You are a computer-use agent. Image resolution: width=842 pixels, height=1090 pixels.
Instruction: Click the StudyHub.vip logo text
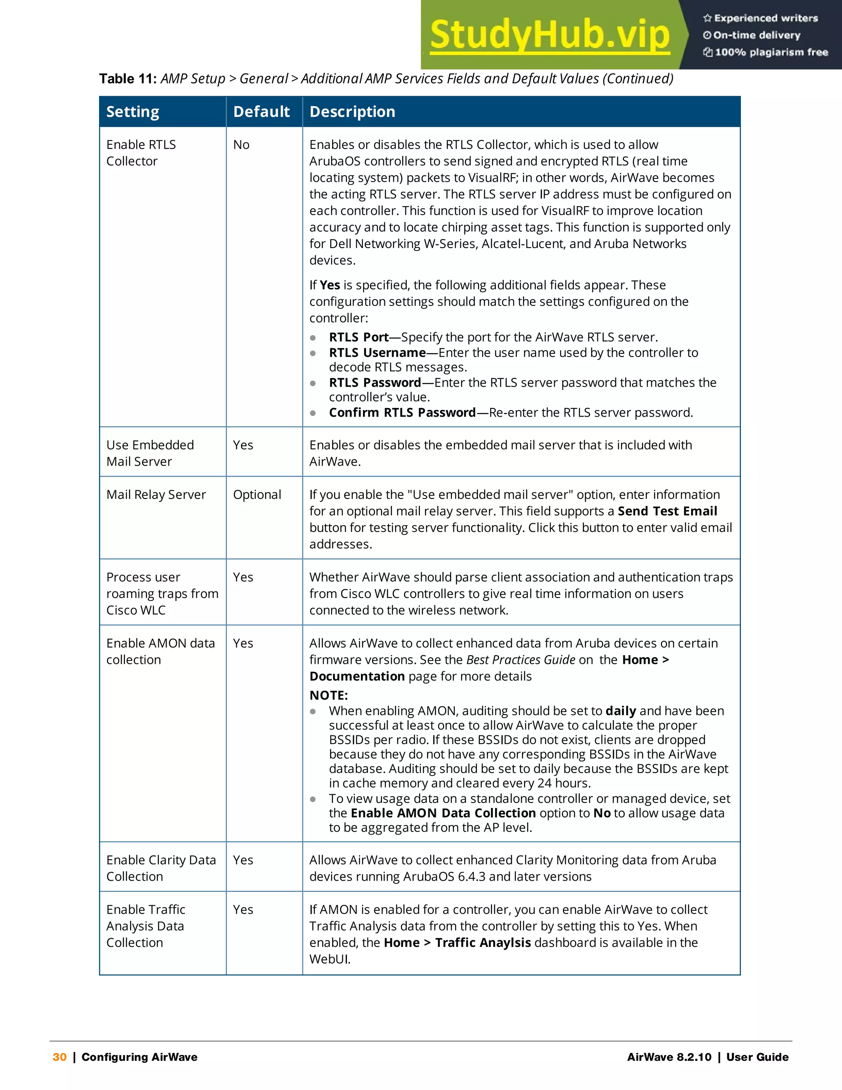550,35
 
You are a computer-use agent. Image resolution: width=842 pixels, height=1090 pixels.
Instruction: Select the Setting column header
133,111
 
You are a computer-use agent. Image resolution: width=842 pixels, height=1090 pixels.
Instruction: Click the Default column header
261,111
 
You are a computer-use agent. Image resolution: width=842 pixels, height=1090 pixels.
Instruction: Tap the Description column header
352,111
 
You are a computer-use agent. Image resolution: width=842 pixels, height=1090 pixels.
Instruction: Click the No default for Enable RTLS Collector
241,145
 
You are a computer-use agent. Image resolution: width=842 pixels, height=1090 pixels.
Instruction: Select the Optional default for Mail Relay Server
257,494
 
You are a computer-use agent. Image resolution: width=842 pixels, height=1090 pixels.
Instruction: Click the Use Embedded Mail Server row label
150,453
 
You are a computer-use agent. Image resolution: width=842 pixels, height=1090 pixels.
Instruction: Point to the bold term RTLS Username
377,353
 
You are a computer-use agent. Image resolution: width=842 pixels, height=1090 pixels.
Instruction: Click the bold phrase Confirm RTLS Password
402,413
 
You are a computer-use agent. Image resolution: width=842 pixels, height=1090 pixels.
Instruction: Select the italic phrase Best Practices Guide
521,660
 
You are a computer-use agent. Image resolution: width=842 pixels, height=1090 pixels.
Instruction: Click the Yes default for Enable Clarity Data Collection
243,860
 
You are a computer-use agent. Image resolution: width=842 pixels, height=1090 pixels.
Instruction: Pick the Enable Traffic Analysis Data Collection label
146,926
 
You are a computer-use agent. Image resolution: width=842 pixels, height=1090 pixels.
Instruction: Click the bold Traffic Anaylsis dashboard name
483,942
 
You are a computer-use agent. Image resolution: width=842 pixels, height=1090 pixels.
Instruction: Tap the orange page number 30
59,1057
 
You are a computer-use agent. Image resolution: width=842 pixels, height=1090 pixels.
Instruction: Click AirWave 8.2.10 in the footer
669,1057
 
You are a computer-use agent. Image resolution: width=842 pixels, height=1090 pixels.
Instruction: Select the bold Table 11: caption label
128,79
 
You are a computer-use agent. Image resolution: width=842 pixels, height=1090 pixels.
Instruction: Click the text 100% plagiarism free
771,52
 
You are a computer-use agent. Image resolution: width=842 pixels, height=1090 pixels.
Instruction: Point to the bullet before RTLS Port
313,338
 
